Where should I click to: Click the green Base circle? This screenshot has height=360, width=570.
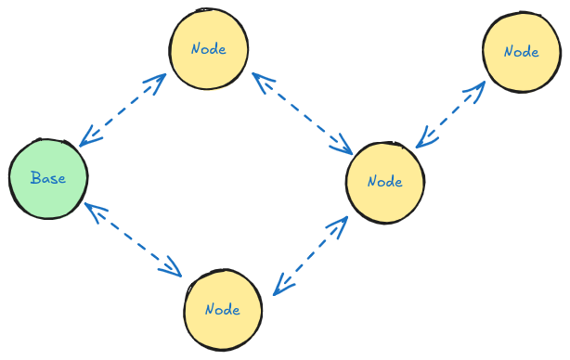[48, 178]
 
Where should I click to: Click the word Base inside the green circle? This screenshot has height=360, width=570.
[48, 178]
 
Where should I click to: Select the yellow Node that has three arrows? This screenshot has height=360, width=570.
[384, 181]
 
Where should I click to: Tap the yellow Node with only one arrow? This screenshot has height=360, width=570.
[521, 52]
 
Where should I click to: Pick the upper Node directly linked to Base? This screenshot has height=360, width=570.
[208, 49]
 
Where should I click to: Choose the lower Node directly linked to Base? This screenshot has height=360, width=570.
[223, 309]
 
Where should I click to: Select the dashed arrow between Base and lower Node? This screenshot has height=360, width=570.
[133, 238]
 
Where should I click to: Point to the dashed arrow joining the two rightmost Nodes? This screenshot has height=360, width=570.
[450, 113]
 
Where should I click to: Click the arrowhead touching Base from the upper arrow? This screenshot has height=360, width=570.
[84, 140]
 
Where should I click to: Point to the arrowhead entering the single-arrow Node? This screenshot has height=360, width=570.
[480, 85]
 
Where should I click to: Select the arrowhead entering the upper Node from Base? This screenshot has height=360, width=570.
[160, 78]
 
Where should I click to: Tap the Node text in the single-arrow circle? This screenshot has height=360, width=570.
[521, 52]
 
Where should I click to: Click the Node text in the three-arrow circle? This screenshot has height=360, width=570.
[384, 181]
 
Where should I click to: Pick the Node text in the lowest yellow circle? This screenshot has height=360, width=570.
[223, 309]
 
